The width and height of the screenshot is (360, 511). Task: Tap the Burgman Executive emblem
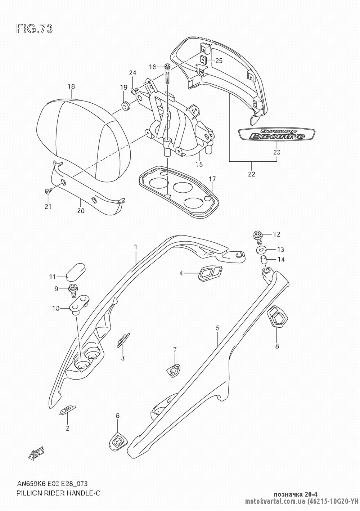pyautogui.click(x=272, y=135)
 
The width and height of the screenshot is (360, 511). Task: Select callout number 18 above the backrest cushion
pyautogui.click(x=71, y=86)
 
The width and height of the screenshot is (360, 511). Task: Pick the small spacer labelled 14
pyautogui.click(x=264, y=259)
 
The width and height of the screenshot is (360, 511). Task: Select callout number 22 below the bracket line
pyautogui.click(x=251, y=174)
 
